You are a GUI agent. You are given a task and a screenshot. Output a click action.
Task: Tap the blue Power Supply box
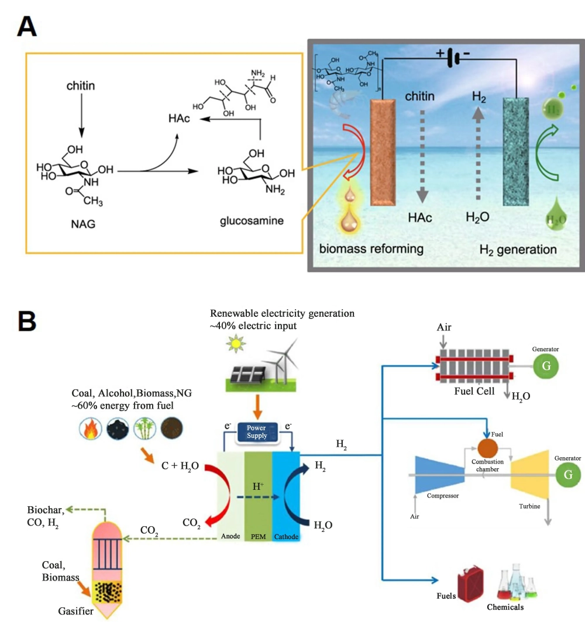257,432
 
